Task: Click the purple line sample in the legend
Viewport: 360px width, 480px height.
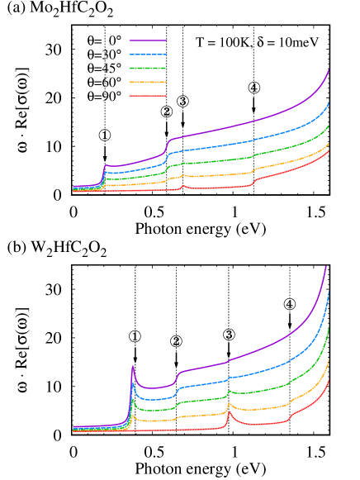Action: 148,40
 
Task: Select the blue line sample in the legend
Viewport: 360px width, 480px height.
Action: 148,54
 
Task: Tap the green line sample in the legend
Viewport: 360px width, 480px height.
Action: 148,68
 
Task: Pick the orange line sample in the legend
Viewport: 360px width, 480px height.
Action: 148,82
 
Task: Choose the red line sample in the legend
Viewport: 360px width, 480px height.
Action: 148,96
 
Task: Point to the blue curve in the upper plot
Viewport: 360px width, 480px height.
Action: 231,144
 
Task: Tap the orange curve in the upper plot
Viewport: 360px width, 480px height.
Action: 215,175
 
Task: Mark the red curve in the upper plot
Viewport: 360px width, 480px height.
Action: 215,188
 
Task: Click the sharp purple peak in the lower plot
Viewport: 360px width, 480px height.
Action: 132,365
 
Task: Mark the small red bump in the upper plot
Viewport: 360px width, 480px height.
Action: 183,186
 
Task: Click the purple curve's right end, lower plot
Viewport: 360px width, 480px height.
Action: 326,267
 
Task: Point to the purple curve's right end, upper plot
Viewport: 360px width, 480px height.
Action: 329,69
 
